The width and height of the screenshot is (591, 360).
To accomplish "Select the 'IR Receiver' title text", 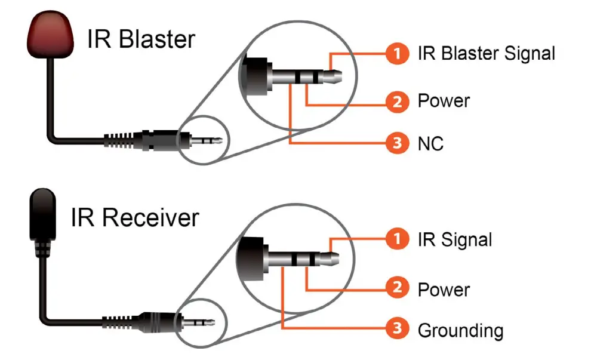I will [x=134, y=218].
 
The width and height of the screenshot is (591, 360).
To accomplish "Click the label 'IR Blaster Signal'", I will [x=487, y=53].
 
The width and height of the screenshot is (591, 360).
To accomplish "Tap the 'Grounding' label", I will [x=460, y=330].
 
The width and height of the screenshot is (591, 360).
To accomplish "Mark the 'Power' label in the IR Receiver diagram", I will [x=444, y=290].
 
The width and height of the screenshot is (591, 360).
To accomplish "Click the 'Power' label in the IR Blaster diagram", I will [x=444, y=101].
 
